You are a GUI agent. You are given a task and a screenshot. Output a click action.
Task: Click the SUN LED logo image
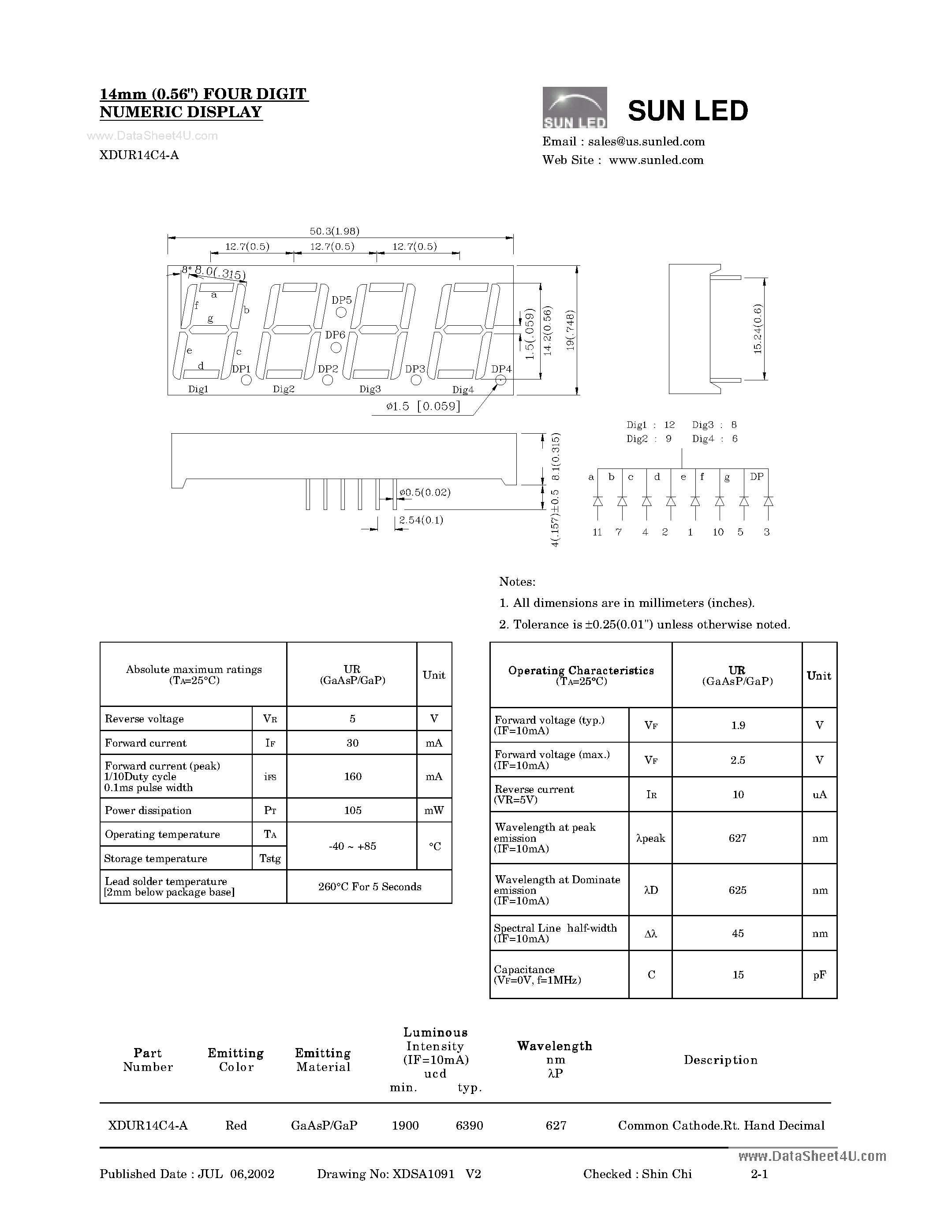click(574, 108)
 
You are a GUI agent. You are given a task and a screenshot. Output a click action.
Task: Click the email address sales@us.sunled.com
click(646, 141)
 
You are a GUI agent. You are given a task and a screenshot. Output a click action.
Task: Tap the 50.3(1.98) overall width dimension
click(334, 231)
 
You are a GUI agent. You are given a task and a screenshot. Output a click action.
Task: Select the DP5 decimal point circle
click(341, 312)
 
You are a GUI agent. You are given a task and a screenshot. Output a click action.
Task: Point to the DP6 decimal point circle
click(336, 348)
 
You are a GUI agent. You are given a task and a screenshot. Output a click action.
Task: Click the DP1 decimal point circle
click(246, 380)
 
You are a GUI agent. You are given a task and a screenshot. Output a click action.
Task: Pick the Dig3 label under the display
click(370, 389)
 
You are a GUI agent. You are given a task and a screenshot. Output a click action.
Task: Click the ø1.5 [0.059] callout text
click(423, 406)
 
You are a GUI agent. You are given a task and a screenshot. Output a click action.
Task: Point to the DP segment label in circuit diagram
click(757, 476)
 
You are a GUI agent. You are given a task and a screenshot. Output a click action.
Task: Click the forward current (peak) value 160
click(352, 777)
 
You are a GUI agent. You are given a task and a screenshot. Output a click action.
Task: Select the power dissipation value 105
click(352, 810)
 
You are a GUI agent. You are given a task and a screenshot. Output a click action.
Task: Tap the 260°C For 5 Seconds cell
click(370, 887)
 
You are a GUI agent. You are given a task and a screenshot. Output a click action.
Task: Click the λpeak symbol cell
click(650, 838)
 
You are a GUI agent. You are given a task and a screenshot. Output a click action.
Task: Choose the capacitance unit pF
click(819, 974)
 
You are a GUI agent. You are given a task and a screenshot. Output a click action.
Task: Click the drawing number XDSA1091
click(424, 1174)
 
